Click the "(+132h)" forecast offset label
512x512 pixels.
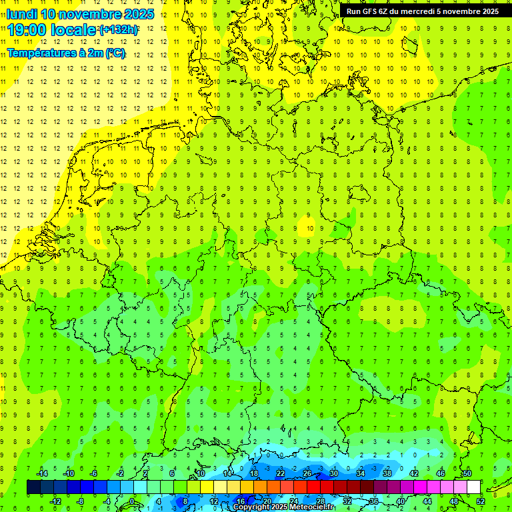click(119, 30)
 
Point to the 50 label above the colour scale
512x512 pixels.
click(467, 473)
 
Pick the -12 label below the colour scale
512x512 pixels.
click(56, 501)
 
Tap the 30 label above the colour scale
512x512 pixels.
click(333, 473)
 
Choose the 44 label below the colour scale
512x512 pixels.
click(427, 501)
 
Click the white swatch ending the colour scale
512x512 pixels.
click(474, 487)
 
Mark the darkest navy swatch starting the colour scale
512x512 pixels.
click(33, 487)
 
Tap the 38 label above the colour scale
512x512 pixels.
click(387, 473)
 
